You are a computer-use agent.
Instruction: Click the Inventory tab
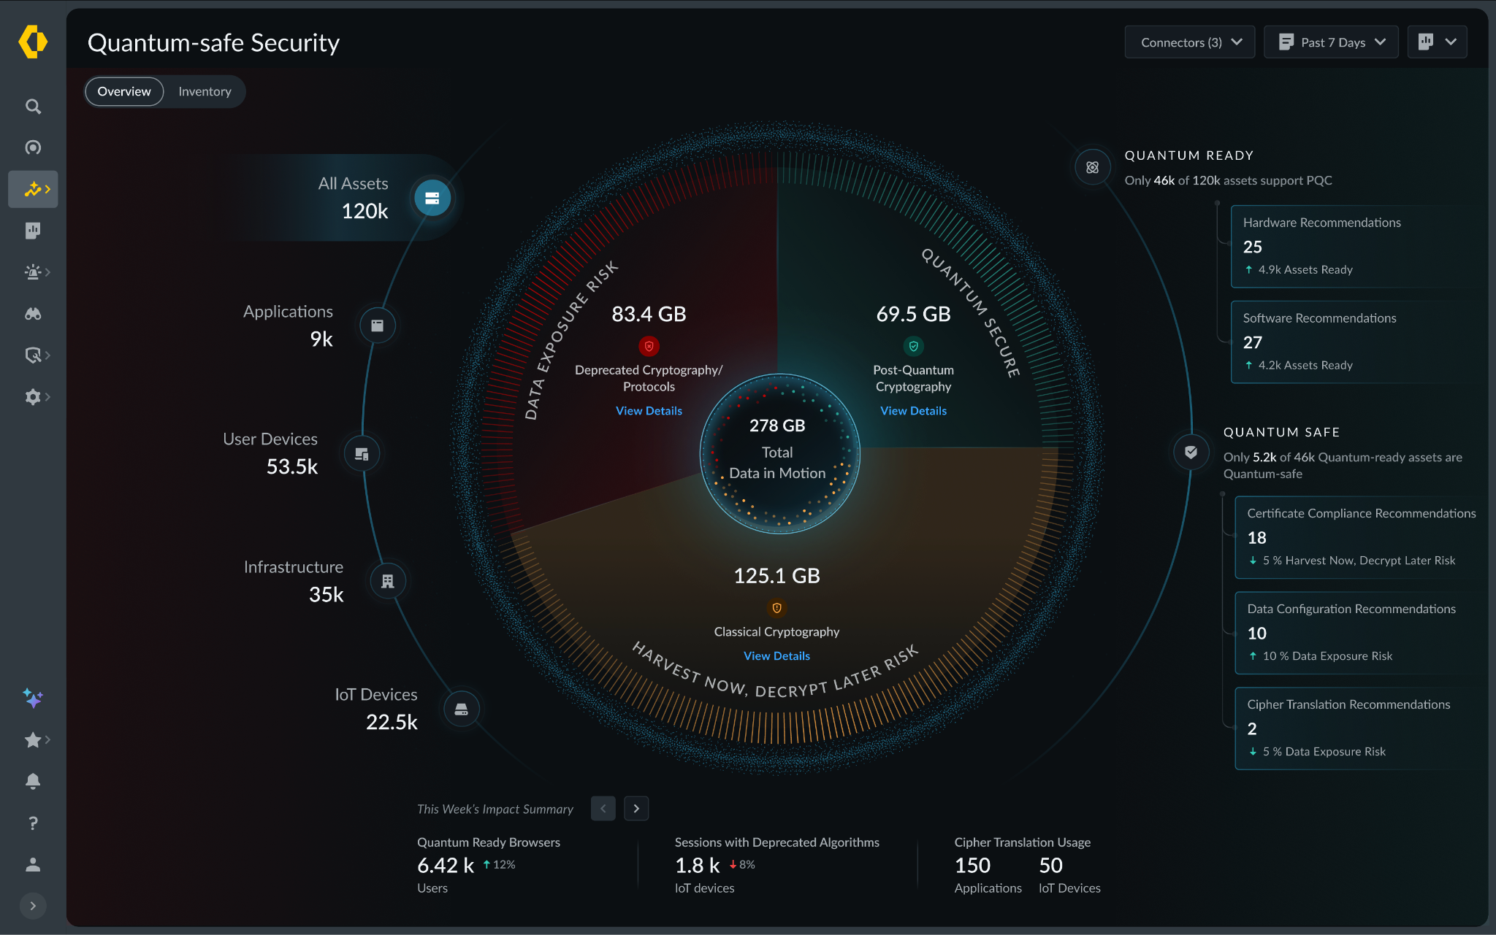pyautogui.click(x=205, y=91)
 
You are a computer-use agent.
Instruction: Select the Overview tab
pyautogui.click(x=124, y=91)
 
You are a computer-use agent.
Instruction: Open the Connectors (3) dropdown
pyautogui.click(x=1190, y=42)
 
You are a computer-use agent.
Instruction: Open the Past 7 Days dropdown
pyautogui.click(x=1331, y=42)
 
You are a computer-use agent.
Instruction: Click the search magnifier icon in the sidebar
pyautogui.click(x=33, y=107)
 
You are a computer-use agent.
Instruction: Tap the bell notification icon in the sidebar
pyautogui.click(x=33, y=781)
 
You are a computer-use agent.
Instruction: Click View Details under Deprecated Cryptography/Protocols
pyautogui.click(x=649, y=411)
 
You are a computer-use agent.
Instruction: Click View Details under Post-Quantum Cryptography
pyautogui.click(x=913, y=411)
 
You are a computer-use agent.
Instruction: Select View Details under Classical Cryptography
pyautogui.click(x=776, y=656)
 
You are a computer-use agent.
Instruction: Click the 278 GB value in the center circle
pyautogui.click(x=777, y=426)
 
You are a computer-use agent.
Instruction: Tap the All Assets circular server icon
pyautogui.click(x=432, y=198)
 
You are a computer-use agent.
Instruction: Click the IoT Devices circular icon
pyautogui.click(x=462, y=709)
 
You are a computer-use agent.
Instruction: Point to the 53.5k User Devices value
pyautogui.click(x=292, y=466)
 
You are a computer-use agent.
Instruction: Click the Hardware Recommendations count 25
pyautogui.click(x=1253, y=247)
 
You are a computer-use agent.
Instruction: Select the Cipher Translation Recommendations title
pyautogui.click(x=1348, y=704)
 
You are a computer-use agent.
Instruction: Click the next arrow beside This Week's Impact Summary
pyautogui.click(x=636, y=809)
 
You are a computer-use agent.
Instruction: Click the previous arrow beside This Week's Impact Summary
pyautogui.click(x=603, y=809)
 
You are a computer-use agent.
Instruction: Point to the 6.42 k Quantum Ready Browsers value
pyautogui.click(x=446, y=866)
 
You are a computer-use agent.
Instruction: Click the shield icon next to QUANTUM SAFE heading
pyautogui.click(x=1191, y=452)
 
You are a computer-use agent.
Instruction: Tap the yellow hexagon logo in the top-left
pyautogui.click(x=33, y=42)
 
